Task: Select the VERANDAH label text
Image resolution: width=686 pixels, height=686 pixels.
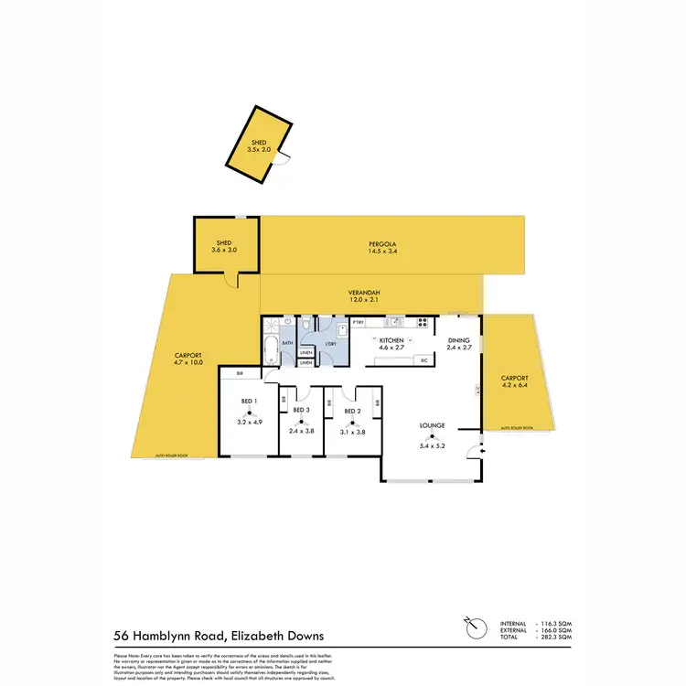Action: (x=364, y=293)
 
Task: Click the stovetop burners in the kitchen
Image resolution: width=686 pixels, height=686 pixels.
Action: (x=422, y=321)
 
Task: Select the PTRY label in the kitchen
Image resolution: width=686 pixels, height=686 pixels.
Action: (x=359, y=322)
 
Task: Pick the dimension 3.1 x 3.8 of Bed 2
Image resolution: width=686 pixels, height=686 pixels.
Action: (x=353, y=432)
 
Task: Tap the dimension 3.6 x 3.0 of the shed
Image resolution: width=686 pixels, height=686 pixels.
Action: (x=224, y=249)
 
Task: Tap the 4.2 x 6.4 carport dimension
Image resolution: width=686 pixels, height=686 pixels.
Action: (x=515, y=385)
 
